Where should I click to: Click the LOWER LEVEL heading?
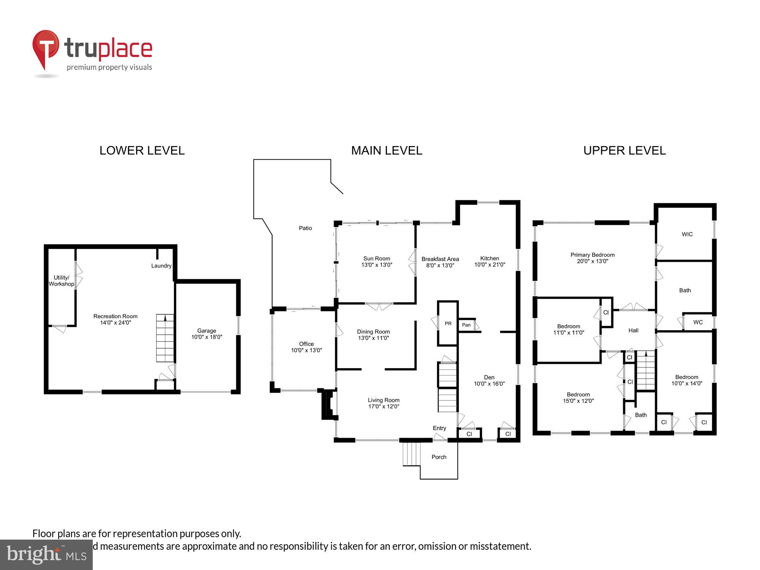[x=142, y=150]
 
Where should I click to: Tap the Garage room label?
[x=206, y=331]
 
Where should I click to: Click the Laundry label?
[x=161, y=266]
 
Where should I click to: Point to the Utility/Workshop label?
[x=61, y=281]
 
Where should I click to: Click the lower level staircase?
[x=165, y=338]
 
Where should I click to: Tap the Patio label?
[x=305, y=228]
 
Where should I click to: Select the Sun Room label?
[x=376, y=258]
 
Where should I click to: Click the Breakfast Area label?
[x=440, y=259]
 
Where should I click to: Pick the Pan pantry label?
[x=466, y=325]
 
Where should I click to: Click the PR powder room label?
[x=448, y=323]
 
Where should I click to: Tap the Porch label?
[x=439, y=457]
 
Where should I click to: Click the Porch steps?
[x=412, y=454]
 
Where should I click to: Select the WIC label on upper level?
[x=687, y=234]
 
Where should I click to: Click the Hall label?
[x=633, y=330]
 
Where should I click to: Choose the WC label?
[x=698, y=322]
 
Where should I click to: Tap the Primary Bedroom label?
[x=592, y=255]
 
